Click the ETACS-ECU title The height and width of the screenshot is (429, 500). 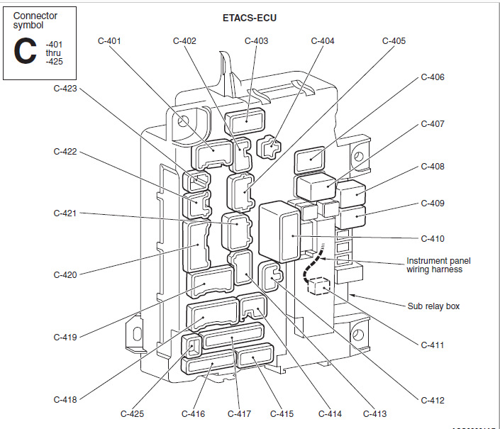pyautogui.click(x=245, y=17)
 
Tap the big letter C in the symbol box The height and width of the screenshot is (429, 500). pyautogui.click(x=26, y=52)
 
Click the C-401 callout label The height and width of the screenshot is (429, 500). pyautogui.click(x=109, y=41)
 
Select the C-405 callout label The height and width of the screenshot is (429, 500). pyautogui.click(x=394, y=41)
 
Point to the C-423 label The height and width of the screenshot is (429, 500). pyautogui.click(x=65, y=89)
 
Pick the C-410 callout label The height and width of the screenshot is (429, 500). pyautogui.click(x=433, y=239)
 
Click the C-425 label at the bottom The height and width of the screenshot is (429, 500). pyautogui.click(x=133, y=413)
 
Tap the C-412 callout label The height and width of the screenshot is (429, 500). pyautogui.click(x=433, y=401)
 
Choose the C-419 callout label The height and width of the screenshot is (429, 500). pyautogui.click(x=65, y=338)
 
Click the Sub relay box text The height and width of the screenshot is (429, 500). pyautogui.click(x=433, y=306)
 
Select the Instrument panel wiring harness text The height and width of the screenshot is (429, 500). pyautogui.click(x=438, y=264)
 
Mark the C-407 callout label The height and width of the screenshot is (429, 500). pyautogui.click(x=433, y=124)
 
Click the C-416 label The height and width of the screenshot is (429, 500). pyautogui.click(x=193, y=413)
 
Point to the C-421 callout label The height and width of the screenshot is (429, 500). pyautogui.click(x=65, y=213)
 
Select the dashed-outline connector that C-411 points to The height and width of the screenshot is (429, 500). pyautogui.click(x=318, y=285)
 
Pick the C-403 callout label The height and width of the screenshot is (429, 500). pyautogui.click(x=256, y=41)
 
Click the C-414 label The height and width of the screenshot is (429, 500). pyautogui.click(x=330, y=413)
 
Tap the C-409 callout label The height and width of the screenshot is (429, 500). pyautogui.click(x=433, y=204)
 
